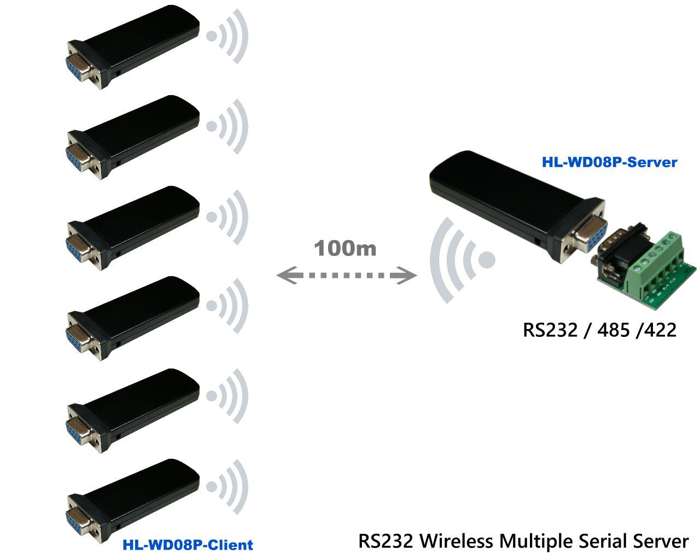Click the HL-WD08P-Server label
pos(609,162)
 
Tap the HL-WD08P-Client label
pos(188,545)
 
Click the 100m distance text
pos(345,249)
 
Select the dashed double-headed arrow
pos(347,275)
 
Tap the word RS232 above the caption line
pos(550,330)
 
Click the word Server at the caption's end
pos(661,541)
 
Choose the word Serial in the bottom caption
pos(602,541)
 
